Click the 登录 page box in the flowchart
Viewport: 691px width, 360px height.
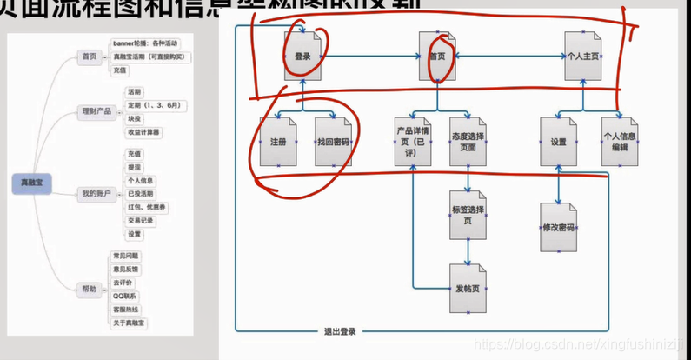tap(302, 57)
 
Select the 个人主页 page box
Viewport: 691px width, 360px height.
tap(582, 57)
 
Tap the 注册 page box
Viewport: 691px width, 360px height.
tap(277, 142)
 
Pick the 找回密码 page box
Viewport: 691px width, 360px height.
tap(334, 142)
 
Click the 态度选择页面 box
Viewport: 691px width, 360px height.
tap(468, 142)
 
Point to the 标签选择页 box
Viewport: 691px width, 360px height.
tap(468, 215)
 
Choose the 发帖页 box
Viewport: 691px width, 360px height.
tap(468, 288)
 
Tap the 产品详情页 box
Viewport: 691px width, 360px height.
tap(413, 142)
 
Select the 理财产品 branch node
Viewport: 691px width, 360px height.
tap(96, 110)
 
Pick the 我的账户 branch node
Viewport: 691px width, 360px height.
tap(96, 193)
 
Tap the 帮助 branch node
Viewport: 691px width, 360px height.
tap(90, 289)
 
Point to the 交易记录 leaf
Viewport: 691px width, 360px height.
tap(141, 220)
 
